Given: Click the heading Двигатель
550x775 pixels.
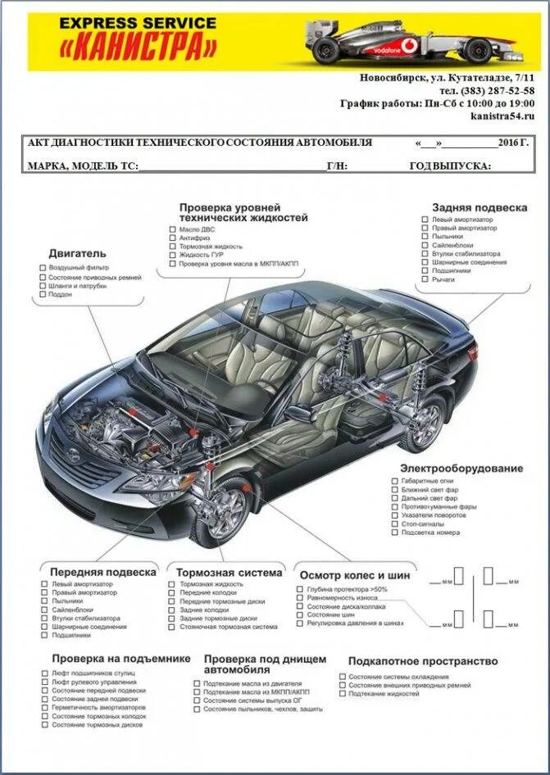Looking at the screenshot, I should click(77, 253).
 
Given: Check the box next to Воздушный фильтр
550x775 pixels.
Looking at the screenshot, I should click(43, 268).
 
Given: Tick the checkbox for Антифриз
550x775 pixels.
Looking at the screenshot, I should click(172, 238).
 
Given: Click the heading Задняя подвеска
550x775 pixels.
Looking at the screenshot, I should click(479, 207).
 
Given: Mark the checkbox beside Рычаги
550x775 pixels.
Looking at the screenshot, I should click(425, 279).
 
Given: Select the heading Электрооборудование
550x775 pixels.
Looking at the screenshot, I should click(461, 468).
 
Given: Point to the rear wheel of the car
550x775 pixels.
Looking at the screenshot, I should click(425, 424).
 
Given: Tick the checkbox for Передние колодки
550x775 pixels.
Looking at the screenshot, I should click(172, 592).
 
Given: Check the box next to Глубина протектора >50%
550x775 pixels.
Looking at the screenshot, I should click(300, 590).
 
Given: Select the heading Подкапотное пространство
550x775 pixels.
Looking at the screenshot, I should click(422, 661).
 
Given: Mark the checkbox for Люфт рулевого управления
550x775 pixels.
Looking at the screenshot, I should click(44, 682).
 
